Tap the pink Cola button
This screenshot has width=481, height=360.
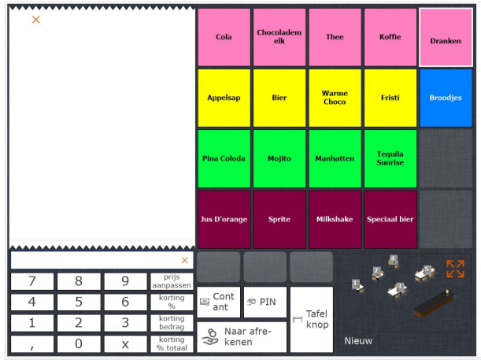224,37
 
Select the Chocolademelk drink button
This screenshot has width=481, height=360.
279,37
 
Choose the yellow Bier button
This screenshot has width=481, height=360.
279,98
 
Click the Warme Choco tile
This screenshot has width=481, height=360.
335,98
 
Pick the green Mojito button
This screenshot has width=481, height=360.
279,158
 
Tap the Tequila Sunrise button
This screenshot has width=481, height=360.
390,158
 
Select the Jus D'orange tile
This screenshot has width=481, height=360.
224,219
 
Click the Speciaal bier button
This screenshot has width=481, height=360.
390,219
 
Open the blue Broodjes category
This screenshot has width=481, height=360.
446,98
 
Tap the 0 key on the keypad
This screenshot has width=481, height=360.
78,343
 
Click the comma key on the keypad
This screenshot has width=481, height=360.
31,343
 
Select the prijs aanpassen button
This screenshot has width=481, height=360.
172,281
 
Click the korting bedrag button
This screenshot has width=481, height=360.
172,322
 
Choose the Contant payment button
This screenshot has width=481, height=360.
218,302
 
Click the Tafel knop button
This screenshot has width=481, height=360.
311,319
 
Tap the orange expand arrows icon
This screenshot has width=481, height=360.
455,269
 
